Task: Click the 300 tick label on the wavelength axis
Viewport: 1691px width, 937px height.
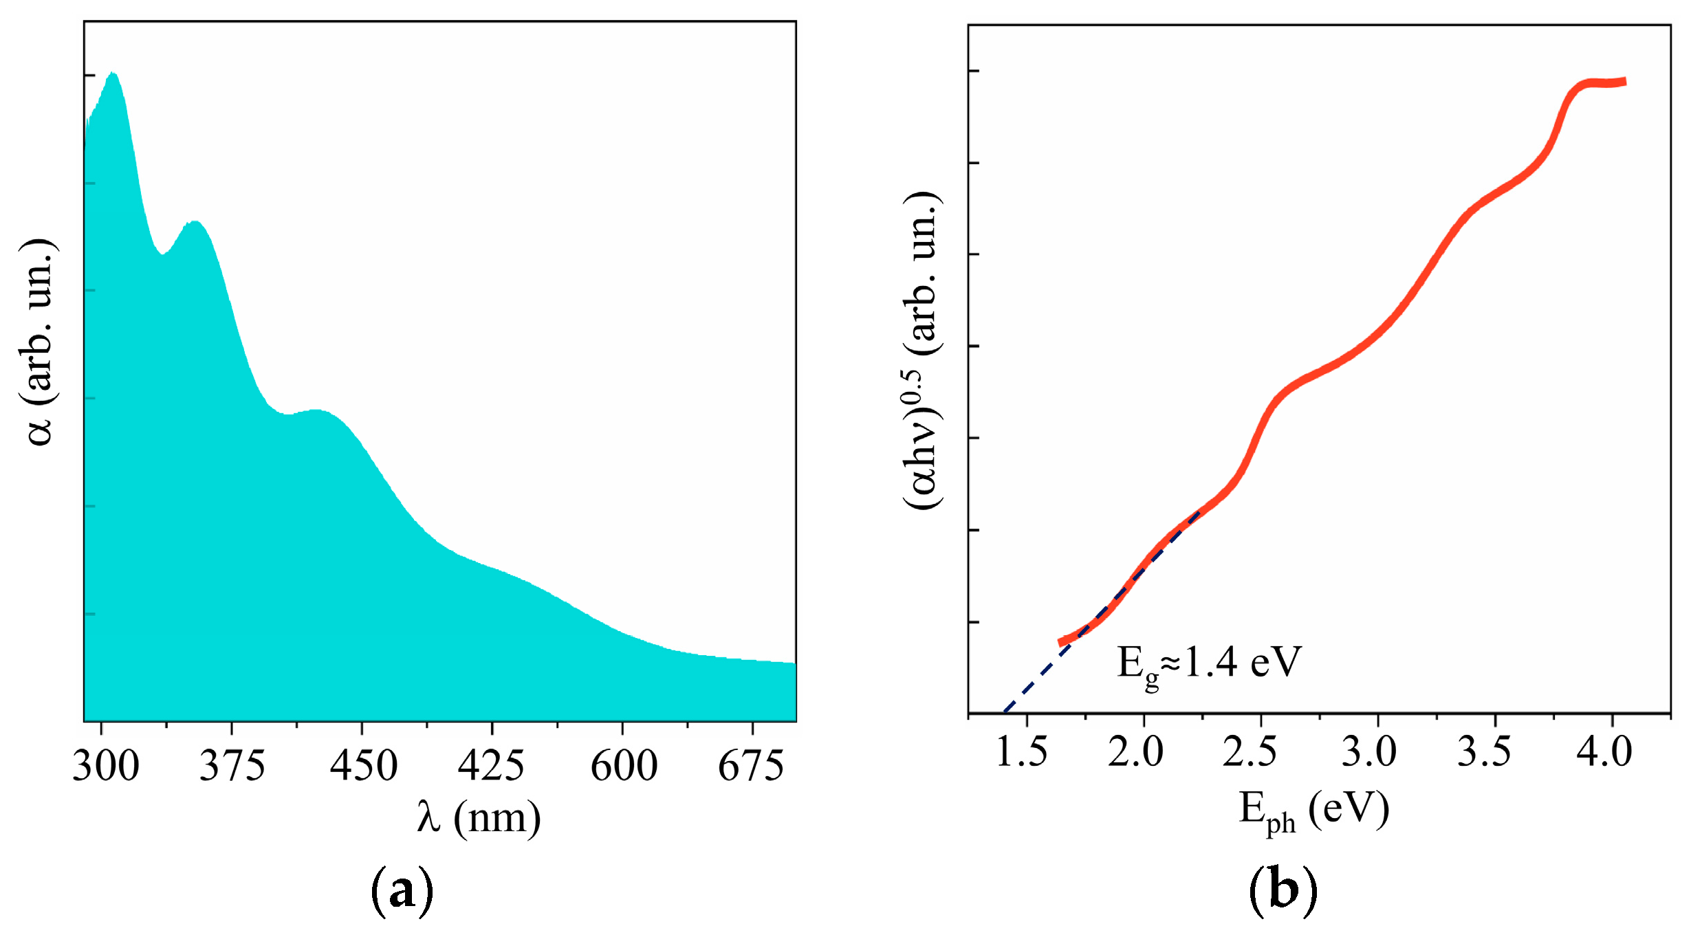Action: point(105,766)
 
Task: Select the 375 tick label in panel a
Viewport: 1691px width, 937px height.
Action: point(232,766)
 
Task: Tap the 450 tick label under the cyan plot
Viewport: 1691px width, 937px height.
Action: point(363,766)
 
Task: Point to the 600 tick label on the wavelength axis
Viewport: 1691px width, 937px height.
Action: point(624,766)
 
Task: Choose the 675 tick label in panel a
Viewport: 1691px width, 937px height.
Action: point(750,766)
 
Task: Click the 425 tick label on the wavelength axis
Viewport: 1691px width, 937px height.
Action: point(491,766)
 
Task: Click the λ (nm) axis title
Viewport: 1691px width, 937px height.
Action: point(479,818)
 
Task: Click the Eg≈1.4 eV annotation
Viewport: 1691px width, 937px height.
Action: point(1209,663)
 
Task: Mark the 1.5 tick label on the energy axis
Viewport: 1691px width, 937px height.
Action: point(1022,751)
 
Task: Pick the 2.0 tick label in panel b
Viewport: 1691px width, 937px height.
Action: point(1135,751)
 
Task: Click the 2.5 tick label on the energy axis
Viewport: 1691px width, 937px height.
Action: point(1250,751)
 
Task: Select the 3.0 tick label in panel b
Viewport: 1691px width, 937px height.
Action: point(1368,751)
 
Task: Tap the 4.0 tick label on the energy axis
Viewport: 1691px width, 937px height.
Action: point(1604,751)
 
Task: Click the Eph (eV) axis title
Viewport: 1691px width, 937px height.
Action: point(1313,811)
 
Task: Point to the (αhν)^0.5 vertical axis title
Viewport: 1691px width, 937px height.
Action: point(921,351)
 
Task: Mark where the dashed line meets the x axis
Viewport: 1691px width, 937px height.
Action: point(1004,713)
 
